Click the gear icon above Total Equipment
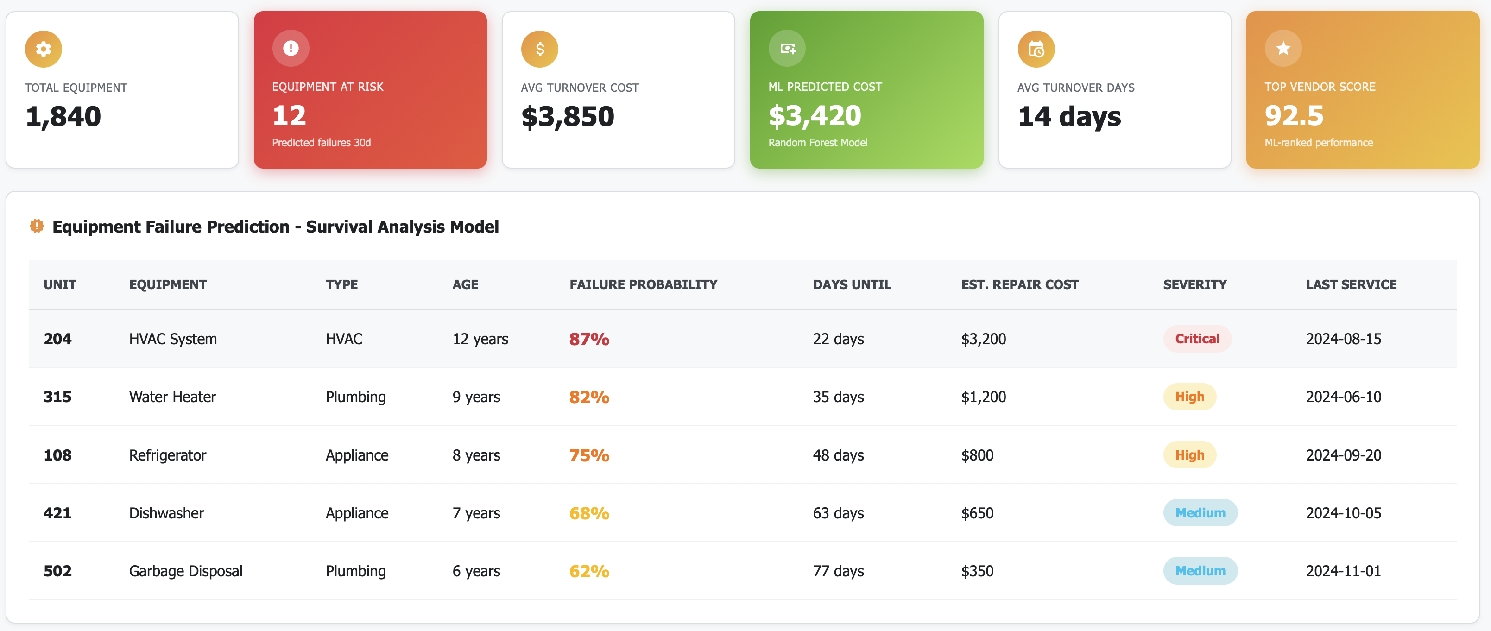44,49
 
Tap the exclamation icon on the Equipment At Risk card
291,48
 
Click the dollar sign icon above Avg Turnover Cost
539,49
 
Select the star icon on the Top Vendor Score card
1283,48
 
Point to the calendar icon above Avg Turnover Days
1036,49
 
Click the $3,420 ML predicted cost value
815,116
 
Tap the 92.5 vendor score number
1294,116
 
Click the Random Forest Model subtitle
817,142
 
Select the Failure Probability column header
643,284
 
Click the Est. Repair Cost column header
1020,284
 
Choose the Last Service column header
1351,284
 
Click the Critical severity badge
1197,339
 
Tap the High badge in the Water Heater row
1189,397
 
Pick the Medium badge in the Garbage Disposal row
1200,571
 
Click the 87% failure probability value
588,339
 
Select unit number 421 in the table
57,513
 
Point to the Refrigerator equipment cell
167,455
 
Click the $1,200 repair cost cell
983,397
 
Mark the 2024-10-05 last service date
1343,513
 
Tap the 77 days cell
838,571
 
